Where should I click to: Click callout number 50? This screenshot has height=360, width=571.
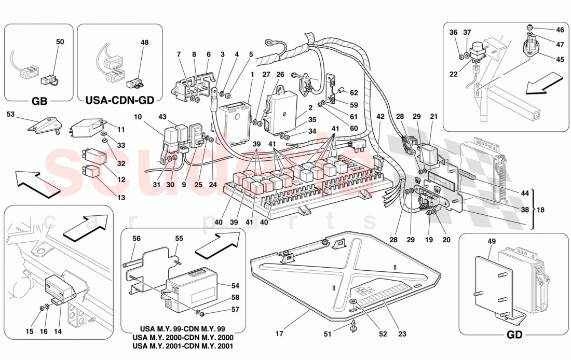pyautogui.click(x=60, y=41)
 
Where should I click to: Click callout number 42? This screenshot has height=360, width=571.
pyautogui.click(x=381, y=117)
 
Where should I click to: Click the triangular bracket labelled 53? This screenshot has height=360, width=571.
pyautogui.click(x=40, y=123)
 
